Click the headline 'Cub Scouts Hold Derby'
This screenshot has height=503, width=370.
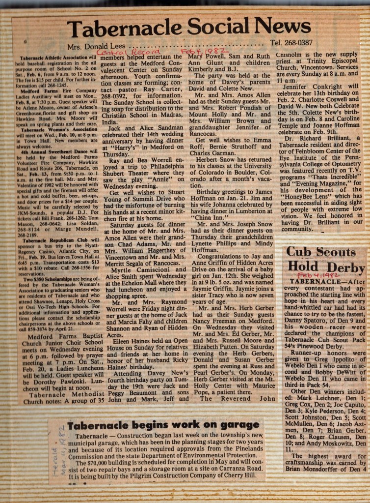(326, 260)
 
